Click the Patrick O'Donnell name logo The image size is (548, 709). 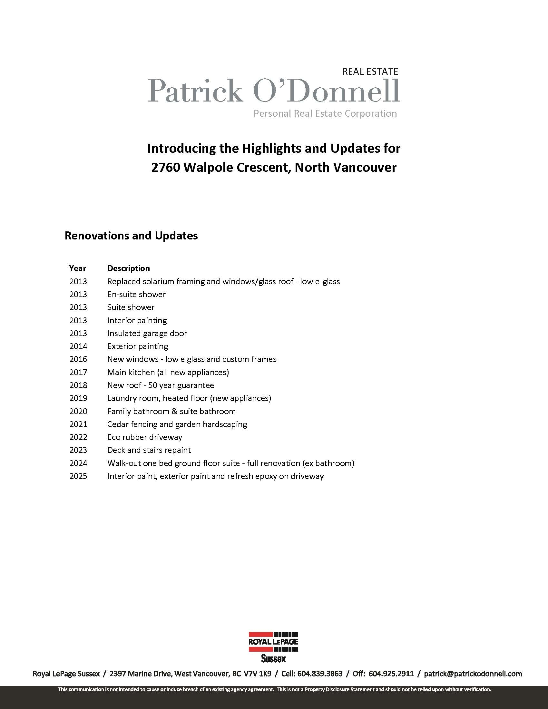click(x=273, y=91)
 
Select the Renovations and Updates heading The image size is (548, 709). click(x=131, y=236)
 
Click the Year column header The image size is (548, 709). click(x=78, y=268)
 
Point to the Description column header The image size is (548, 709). click(x=129, y=268)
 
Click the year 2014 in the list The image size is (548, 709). click(x=78, y=346)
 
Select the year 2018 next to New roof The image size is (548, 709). click(x=78, y=385)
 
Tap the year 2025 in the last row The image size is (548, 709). click(x=78, y=476)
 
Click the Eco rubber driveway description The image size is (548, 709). click(x=145, y=437)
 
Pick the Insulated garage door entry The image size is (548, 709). click(x=147, y=333)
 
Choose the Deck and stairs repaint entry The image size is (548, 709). click(x=149, y=450)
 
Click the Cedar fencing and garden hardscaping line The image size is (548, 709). click(x=177, y=424)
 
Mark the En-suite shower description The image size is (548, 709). click(x=136, y=294)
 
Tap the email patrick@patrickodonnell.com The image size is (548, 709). click(x=473, y=674)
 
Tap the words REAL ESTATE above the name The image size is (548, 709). click(x=370, y=72)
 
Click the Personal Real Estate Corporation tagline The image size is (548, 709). click(x=325, y=113)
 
